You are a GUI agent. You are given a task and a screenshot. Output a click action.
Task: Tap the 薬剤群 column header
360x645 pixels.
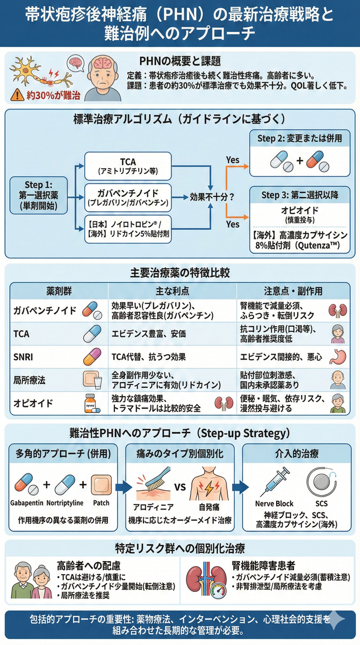tap(56, 291)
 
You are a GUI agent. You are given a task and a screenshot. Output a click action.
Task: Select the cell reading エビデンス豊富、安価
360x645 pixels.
tap(148, 334)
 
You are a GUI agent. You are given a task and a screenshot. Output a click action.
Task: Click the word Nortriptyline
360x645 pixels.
tap(64, 504)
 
